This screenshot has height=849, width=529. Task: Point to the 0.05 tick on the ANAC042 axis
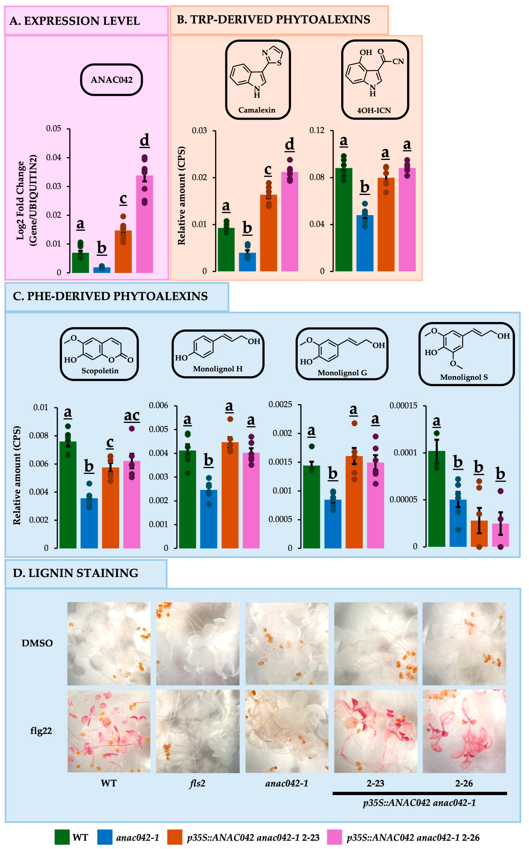[x=54, y=129]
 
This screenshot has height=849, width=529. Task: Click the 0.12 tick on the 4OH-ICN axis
[x=317, y=131]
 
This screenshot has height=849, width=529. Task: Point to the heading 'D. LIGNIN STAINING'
[x=76, y=573]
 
